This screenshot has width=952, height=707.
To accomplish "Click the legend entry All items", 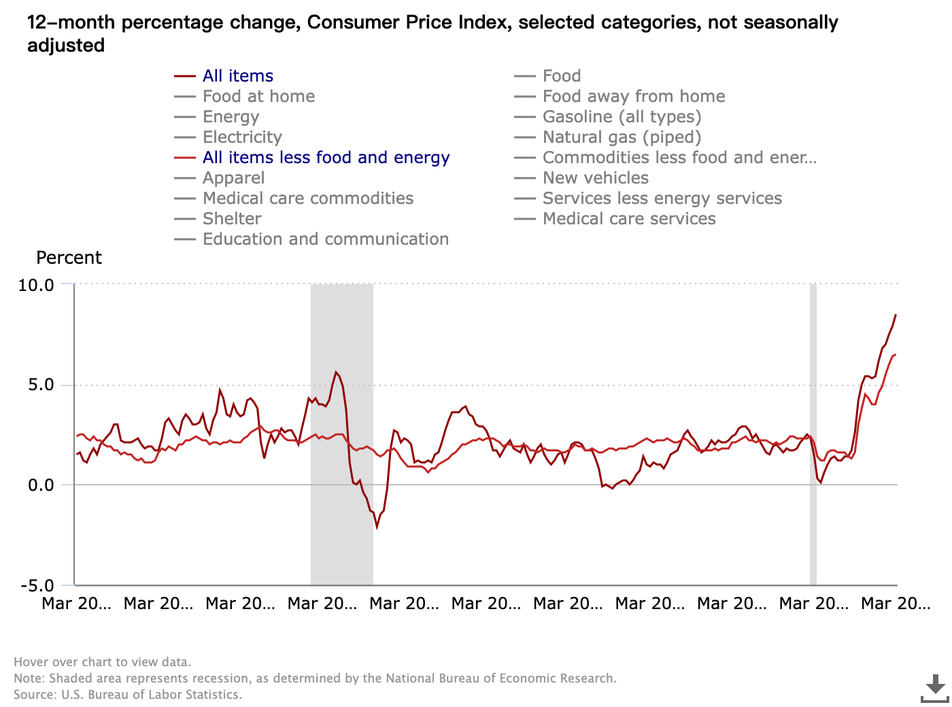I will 237,76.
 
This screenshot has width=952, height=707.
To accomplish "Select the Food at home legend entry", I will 258,97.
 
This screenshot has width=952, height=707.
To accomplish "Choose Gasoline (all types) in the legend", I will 622,117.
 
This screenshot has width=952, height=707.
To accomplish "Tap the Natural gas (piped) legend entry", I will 622,137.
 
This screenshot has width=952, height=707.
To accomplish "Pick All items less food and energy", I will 326,158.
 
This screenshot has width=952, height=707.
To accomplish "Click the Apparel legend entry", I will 233,178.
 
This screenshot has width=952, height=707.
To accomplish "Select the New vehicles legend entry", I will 595,178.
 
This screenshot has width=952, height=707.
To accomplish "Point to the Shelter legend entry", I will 232,219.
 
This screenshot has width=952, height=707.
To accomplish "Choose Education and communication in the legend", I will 325,239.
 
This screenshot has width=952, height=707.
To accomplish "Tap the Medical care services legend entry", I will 629,219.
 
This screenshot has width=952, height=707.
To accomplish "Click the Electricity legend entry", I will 242,137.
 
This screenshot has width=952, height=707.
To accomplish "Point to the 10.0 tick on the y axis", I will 36,285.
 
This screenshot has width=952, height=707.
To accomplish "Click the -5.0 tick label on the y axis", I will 37,586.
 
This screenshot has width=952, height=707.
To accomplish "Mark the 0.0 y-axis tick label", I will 40,485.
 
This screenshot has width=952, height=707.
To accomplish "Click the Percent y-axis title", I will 69,258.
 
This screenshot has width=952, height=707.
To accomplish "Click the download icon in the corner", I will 935,688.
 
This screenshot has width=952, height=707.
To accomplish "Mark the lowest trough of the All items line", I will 377,527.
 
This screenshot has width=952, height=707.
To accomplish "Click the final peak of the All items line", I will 896,315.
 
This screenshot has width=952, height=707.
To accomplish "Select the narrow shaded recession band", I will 813,435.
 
